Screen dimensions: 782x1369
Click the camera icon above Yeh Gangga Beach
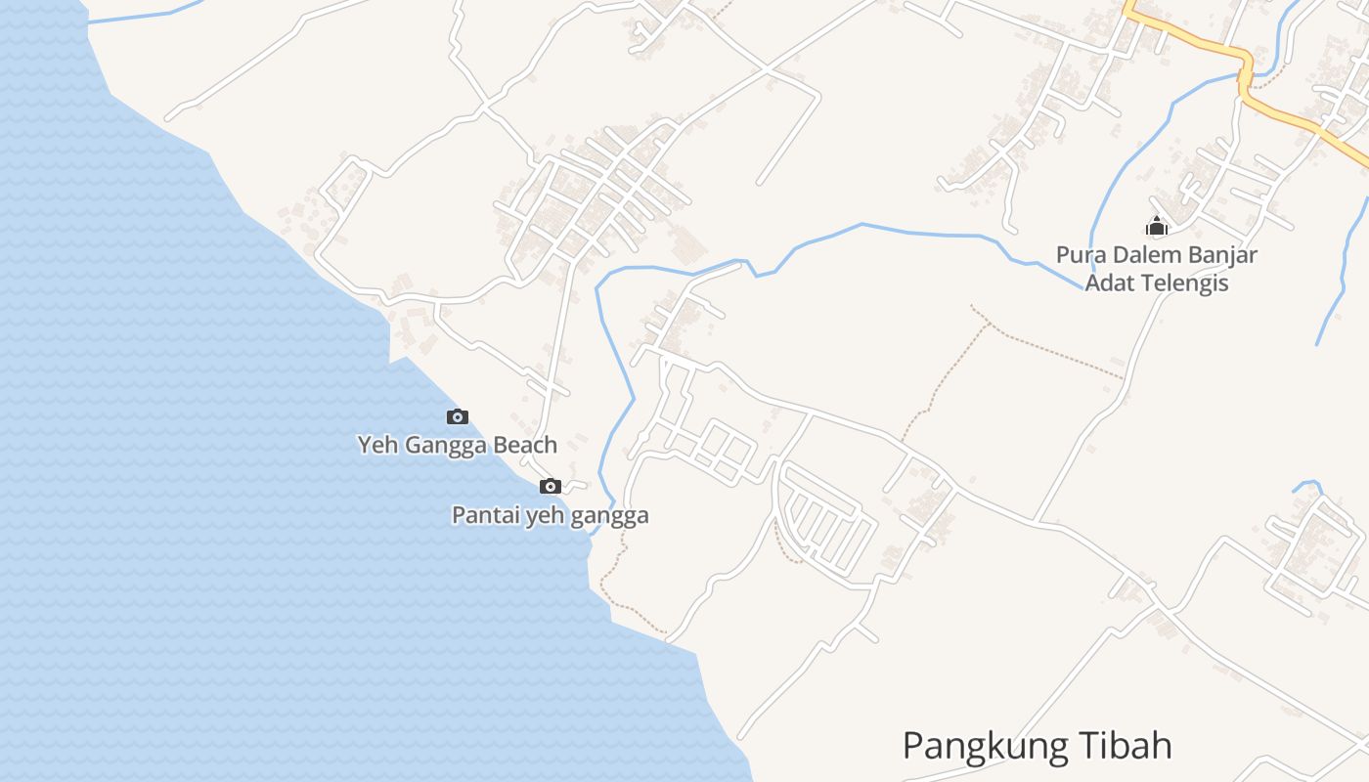[457, 417]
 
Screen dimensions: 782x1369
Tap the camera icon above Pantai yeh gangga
[551, 487]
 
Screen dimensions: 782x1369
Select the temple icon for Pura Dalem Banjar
[1157, 227]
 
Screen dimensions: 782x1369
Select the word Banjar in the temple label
[1222, 255]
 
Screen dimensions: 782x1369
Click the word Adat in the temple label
[1108, 283]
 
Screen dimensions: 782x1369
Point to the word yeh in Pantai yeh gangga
[546, 516]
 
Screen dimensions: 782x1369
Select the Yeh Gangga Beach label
[457, 445]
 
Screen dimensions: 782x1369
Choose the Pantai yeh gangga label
[550, 515]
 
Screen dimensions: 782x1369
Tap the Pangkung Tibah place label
[1037, 746]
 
